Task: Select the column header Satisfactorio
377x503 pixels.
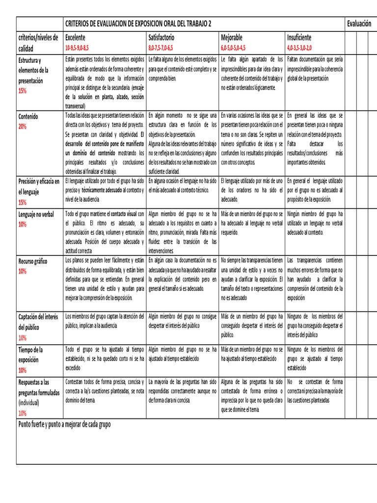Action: (x=161, y=37)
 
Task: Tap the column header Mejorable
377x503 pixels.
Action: (x=232, y=37)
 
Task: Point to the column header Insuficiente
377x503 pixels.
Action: (x=299, y=37)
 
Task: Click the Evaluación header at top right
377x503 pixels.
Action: (x=358, y=24)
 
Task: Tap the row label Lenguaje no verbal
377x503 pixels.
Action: (x=36, y=215)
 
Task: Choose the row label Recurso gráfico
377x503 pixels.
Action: (x=32, y=261)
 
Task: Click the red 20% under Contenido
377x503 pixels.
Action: (x=23, y=127)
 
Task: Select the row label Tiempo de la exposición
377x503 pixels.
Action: (x=30, y=355)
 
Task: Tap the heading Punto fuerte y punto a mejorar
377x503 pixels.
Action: (x=64, y=424)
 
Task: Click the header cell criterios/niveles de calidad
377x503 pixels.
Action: (x=38, y=43)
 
